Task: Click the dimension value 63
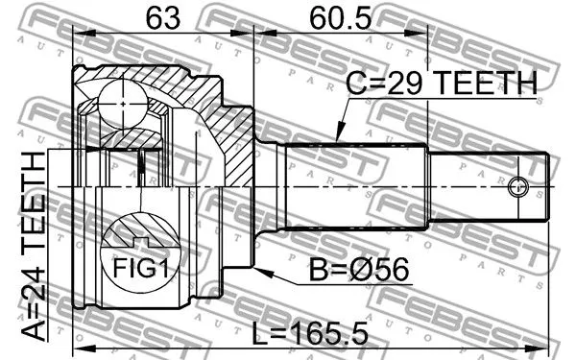coord(164,18)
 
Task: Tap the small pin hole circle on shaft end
coord(519,185)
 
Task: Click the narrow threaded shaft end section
coord(490,185)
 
